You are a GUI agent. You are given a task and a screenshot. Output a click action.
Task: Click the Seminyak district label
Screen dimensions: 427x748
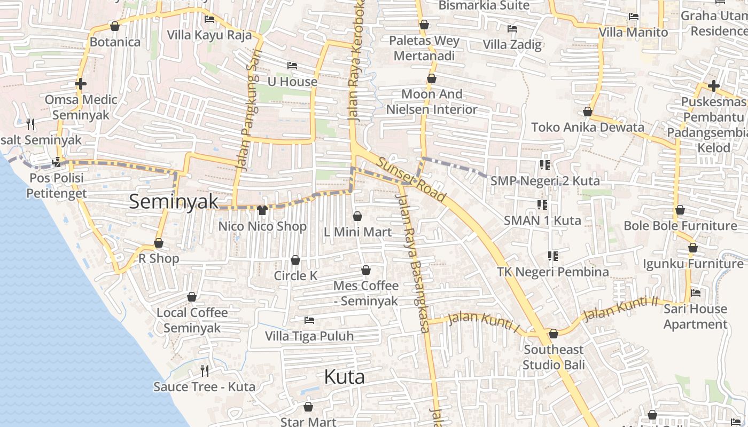[174, 201]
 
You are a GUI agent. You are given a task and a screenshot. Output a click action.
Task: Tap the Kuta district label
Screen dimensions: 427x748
[344, 377]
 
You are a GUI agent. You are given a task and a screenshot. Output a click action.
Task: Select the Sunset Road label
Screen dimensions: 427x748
[411, 180]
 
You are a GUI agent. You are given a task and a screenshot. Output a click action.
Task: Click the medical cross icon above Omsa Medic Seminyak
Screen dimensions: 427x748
[81, 84]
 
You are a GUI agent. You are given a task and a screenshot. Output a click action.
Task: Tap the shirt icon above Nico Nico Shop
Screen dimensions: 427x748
[262, 210]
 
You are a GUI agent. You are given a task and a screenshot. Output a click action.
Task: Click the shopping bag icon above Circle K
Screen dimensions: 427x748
[295, 260]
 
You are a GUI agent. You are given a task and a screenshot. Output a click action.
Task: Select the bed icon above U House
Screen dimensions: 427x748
[292, 66]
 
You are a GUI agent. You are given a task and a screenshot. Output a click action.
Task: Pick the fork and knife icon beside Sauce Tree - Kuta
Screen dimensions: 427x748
[204, 370]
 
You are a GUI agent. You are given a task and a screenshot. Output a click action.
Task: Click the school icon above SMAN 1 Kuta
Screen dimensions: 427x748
[542, 204]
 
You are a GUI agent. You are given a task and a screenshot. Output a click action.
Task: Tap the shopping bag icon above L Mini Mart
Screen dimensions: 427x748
[357, 216]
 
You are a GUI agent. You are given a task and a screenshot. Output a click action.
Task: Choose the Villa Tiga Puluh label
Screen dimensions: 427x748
[309, 336]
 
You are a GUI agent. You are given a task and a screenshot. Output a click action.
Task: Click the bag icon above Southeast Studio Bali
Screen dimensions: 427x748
[554, 334]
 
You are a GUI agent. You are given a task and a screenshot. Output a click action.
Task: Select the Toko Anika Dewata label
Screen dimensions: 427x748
[588, 128]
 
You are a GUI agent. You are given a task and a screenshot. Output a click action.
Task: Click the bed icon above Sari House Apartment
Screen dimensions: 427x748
[696, 292]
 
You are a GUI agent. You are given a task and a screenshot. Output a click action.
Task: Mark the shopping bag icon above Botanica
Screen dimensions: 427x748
[114, 26]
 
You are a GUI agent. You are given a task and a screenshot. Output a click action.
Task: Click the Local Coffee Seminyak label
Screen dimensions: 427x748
[192, 320]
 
